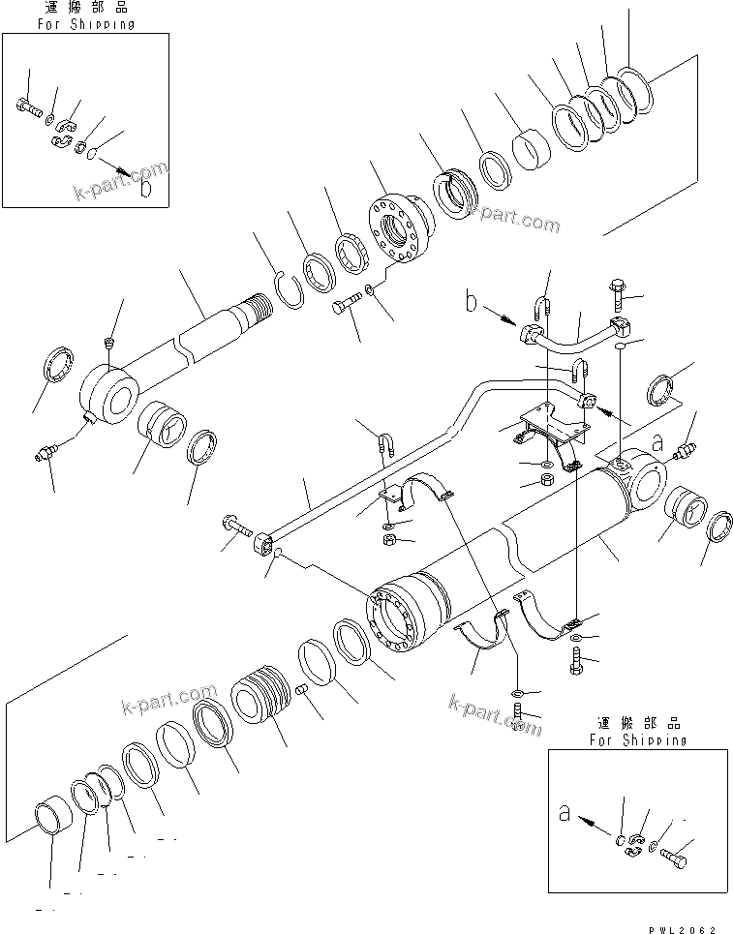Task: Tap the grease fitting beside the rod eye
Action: [x=46, y=454]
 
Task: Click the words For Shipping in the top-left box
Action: [x=86, y=23]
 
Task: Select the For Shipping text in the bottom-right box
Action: [x=639, y=738]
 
